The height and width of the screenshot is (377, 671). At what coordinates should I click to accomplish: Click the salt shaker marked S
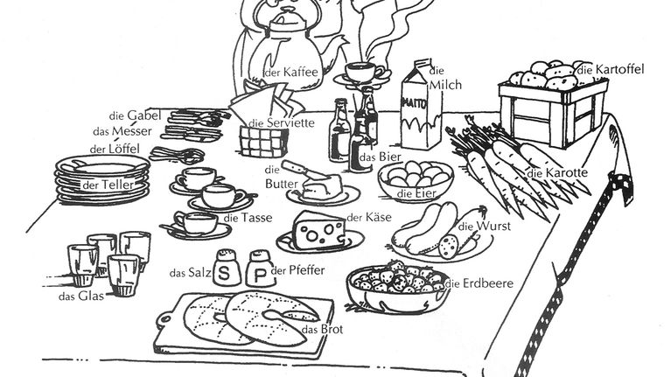click(227, 269)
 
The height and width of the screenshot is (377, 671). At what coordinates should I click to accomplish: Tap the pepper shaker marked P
click(260, 269)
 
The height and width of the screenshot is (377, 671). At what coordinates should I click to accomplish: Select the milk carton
click(421, 105)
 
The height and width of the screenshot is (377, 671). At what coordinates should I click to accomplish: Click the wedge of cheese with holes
click(319, 230)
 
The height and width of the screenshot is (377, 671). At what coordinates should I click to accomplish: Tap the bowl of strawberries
click(397, 286)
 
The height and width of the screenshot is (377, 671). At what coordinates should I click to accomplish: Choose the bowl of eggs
click(416, 180)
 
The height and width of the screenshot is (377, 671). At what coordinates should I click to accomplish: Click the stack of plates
click(102, 179)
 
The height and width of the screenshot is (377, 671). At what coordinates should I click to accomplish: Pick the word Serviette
click(290, 122)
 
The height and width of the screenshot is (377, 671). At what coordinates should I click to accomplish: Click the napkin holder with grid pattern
click(264, 142)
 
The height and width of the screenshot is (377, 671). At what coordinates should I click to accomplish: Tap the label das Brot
click(322, 330)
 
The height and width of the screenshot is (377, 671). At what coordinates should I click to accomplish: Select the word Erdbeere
click(488, 283)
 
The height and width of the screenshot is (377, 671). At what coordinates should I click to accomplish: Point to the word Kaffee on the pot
click(301, 72)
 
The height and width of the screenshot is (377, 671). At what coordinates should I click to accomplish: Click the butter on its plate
click(322, 187)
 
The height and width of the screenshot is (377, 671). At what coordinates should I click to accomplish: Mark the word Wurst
click(493, 226)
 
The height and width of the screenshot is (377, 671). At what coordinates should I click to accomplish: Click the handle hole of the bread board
click(164, 319)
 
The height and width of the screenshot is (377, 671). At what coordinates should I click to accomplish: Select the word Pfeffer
click(307, 270)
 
